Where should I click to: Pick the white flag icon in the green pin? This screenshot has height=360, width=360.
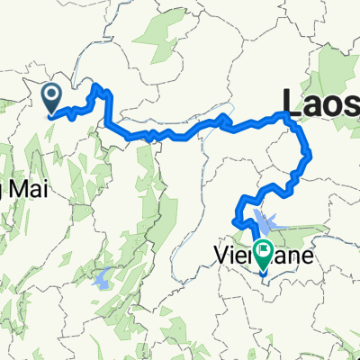265,248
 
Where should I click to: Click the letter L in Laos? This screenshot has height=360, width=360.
291,102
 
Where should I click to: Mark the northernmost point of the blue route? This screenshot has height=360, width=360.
94,85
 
